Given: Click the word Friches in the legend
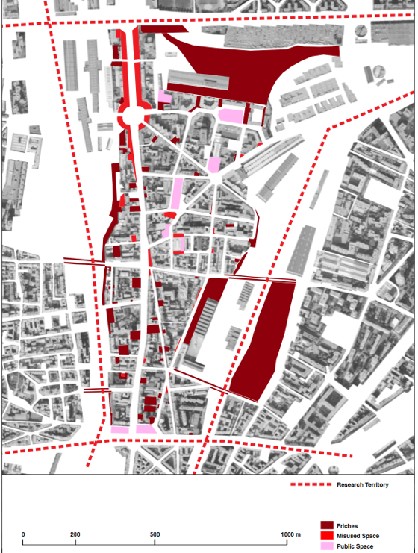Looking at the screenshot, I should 348,526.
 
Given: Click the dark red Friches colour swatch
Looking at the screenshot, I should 326,526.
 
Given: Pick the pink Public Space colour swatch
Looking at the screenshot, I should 326,546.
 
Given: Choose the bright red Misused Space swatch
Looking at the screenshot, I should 326,536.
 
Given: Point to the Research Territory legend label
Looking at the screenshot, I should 363,485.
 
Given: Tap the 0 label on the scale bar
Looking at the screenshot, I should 23,534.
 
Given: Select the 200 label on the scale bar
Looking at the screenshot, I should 75,534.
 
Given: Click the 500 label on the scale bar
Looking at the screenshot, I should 155,534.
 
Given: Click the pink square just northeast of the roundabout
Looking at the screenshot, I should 164,97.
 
